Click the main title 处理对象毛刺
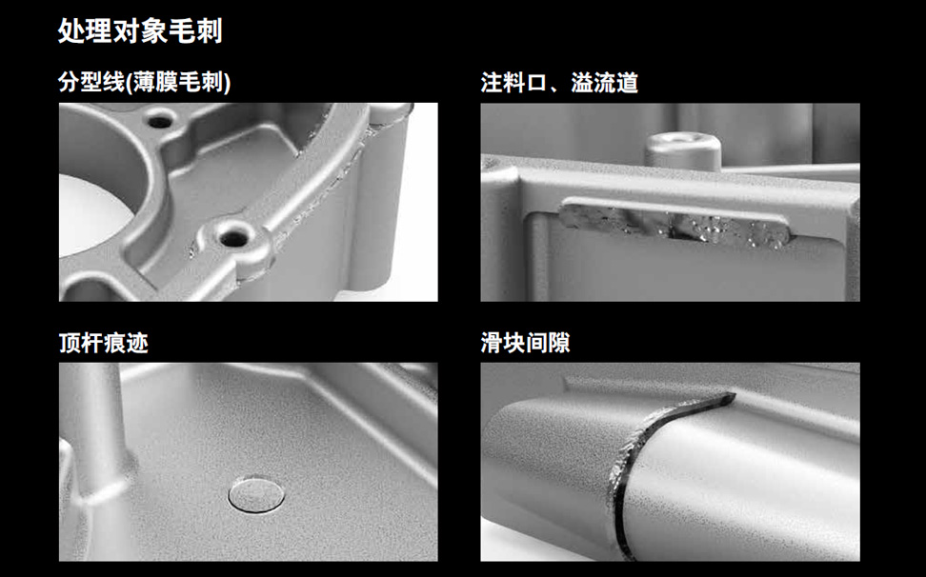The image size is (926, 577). tap(141, 30)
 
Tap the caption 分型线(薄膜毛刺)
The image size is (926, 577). tap(145, 82)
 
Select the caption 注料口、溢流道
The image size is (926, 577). tap(559, 83)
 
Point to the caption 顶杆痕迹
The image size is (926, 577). tap(103, 343)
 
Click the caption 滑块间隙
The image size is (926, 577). tap(525, 343)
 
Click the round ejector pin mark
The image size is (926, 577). tap(256, 494)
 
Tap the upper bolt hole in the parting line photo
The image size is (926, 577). tap(159, 122)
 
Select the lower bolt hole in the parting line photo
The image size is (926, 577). tap(233, 238)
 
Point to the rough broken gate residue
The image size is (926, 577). tap(674, 225)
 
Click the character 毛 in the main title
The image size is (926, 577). tap(182, 30)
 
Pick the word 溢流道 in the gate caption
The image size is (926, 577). tap(605, 83)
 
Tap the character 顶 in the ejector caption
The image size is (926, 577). tap(70, 343)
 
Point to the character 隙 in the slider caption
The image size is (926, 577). tap(559, 343)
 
